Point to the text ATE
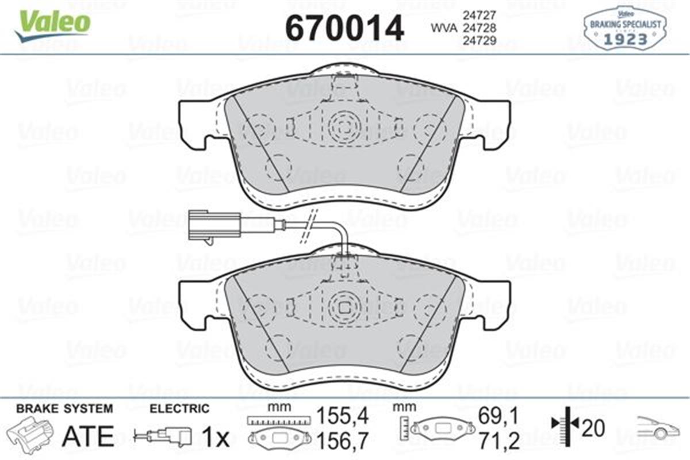(88, 436)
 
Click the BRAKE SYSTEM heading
(64, 409)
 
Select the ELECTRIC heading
(179, 409)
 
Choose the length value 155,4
(343, 414)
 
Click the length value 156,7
(343, 440)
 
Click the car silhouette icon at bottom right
(657, 428)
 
